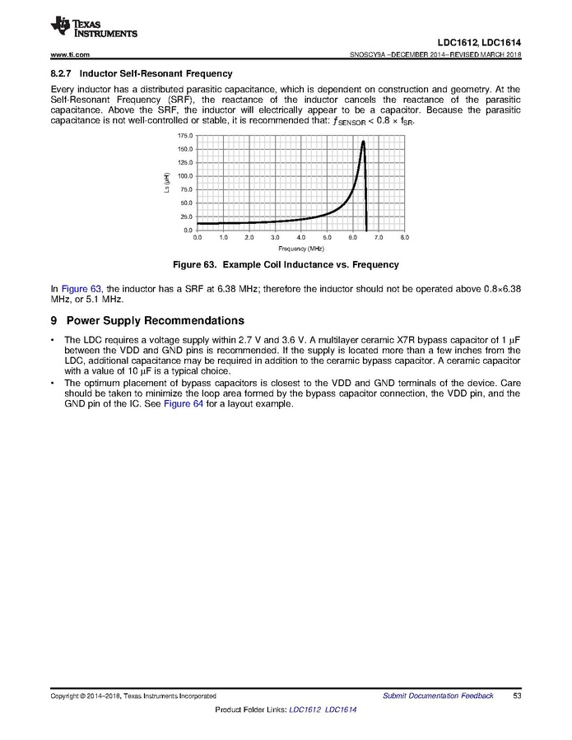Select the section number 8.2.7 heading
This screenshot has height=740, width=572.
point(63,73)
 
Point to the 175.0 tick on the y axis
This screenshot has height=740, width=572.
point(185,135)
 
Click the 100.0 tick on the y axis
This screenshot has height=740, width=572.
point(185,176)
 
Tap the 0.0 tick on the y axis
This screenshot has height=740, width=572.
point(188,230)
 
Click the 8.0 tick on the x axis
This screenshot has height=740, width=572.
point(404,237)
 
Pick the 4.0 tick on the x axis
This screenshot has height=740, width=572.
point(301,237)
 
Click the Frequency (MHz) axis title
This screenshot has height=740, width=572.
point(300,248)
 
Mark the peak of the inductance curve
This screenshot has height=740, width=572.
point(363,142)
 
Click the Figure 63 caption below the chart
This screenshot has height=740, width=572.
point(285,265)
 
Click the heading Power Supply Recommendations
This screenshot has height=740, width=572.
point(155,320)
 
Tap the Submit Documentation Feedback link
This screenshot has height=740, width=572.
point(438,696)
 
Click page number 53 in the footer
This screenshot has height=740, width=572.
point(517,696)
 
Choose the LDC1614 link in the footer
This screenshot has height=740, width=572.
point(341,710)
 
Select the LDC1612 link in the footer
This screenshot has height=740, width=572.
point(305,710)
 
